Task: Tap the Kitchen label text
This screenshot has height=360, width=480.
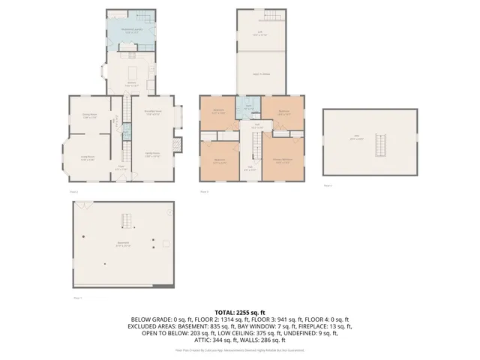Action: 130,84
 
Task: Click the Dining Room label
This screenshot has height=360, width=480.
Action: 90,115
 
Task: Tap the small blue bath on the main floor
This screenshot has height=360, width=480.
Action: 126,132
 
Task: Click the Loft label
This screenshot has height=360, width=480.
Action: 261,33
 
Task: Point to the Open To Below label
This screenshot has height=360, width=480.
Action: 261,73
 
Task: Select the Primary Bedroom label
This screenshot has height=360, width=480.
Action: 283,161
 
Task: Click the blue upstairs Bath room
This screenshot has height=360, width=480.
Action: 247,108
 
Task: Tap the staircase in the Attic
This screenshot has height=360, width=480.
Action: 379,144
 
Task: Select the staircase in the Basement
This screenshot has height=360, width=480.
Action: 126,221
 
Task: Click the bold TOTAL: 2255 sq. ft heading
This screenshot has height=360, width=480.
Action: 240,311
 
